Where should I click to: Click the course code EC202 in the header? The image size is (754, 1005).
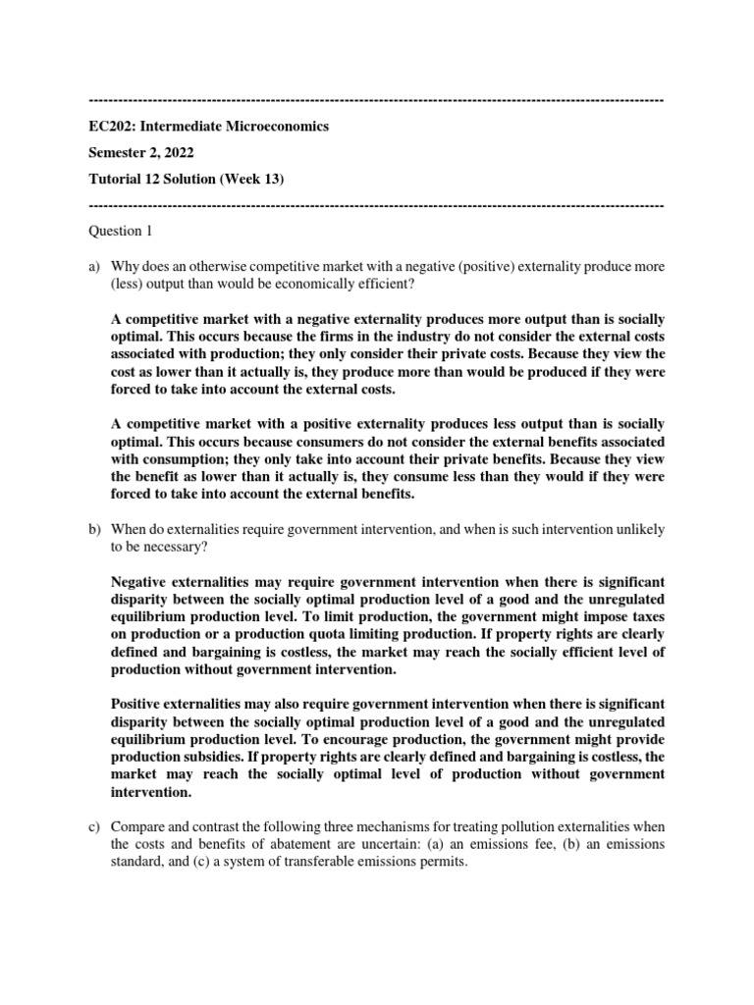coord(111,127)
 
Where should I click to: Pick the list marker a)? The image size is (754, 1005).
coord(95,267)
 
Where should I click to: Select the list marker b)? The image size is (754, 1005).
coord(95,529)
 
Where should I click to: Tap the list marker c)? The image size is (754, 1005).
coord(95,826)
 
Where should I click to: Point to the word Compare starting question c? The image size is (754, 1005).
coord(137,826)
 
